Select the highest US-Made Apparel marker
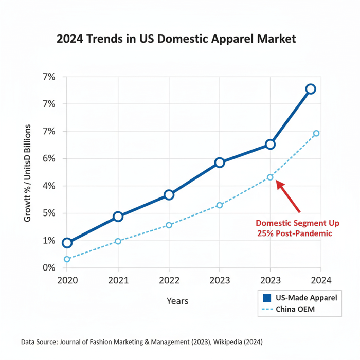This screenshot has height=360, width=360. coord(311,89)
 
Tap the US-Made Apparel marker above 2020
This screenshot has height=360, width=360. coord(67,243)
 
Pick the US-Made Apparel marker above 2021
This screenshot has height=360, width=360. coord(118,217)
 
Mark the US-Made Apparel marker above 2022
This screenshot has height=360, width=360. coord(169,195)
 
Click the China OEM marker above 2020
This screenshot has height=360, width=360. coord(67,259)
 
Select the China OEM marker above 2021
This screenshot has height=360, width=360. coord(118,241)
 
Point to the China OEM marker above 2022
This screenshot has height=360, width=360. coord(169,225)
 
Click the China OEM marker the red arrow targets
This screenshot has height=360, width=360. coord(270,177)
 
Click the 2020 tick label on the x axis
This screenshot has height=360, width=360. coord(67,280)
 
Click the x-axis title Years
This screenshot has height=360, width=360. coord(177,301)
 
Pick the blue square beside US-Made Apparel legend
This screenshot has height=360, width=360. coord(266,298)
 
